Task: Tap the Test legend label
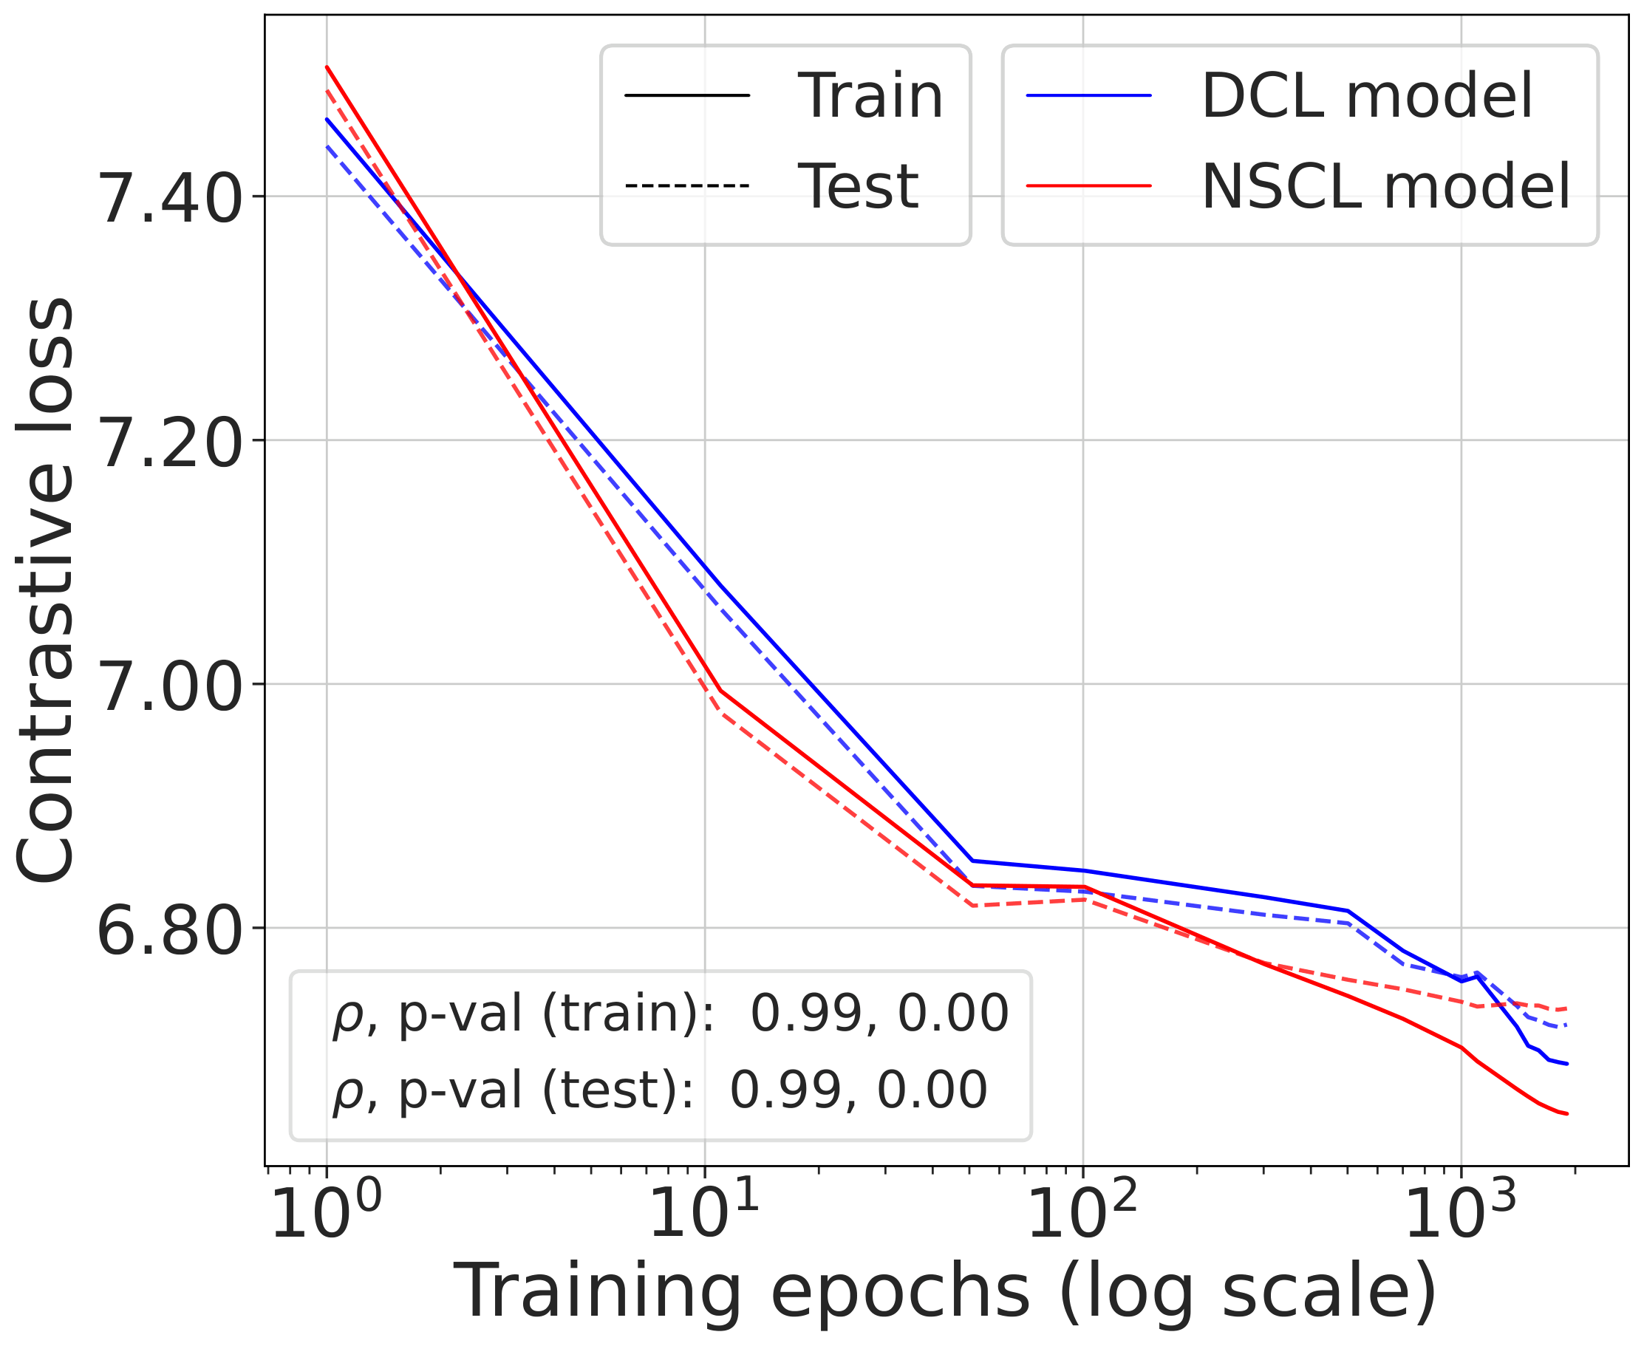pos(858,187)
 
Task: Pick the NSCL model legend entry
pos(1385,187)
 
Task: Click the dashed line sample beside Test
pos(687,186)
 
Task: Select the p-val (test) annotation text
pos(659,1090)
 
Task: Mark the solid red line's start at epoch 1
pos(327,66)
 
